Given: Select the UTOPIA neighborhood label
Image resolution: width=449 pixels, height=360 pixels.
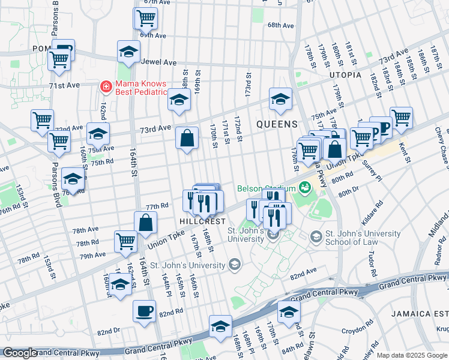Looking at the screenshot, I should click(x=345, y=75).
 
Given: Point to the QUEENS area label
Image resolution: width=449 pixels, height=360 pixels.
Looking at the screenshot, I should click(x=277, y=124).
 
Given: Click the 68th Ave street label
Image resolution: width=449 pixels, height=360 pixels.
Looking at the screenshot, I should click(x=280, y=26).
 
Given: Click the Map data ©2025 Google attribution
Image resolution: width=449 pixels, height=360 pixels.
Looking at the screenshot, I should click(x=412, y=355).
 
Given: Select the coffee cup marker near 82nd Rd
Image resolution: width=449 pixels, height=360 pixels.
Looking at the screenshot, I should click(x=144, y=311).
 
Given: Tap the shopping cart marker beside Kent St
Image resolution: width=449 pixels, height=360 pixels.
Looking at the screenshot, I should click(x=401, y=118).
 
